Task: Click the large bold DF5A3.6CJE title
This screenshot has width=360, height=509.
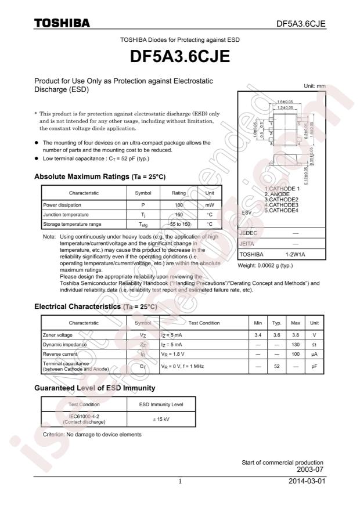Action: point(179,57)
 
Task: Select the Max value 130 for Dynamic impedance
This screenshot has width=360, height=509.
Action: point(296,344)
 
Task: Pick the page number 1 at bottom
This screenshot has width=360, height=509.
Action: point(180,482)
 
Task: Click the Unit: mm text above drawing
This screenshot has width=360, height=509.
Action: point(314,86)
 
